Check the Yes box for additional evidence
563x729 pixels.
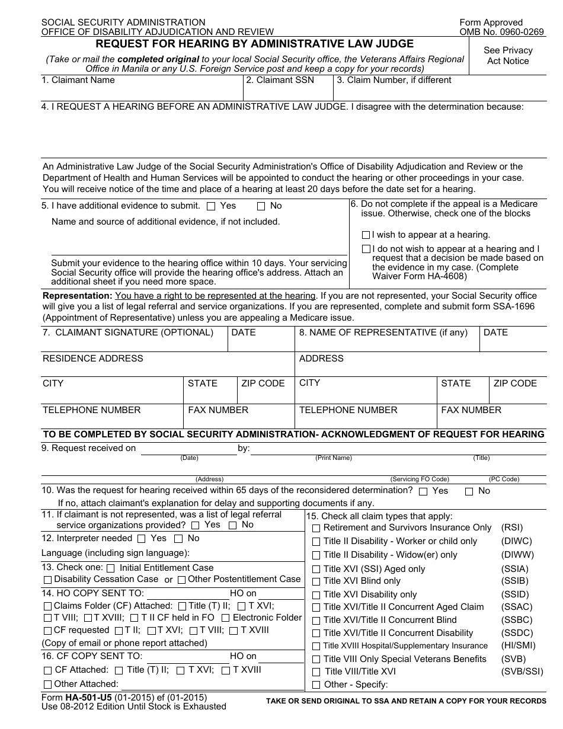[x=211, y=207]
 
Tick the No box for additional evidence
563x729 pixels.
[x=261, y=207]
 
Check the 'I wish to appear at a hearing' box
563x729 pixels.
[x=366, y=235]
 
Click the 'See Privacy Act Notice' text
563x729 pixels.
[x=508, y=56]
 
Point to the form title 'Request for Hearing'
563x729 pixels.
[x=255, y=44]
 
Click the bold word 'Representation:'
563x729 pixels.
[x=77, y=296]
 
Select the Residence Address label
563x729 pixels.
[x=92, y=359]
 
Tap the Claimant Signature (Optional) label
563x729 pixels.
[x=127, y=332]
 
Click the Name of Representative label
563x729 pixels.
[x=388, y=332]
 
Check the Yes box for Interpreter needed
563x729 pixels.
[x=141, y=539]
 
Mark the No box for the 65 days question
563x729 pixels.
[x=469, y=491]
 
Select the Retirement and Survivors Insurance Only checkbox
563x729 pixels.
[x=316, y=528]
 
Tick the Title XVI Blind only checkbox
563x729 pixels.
[x=316, y=582]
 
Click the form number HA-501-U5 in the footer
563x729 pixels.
[x=88, y=698]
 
